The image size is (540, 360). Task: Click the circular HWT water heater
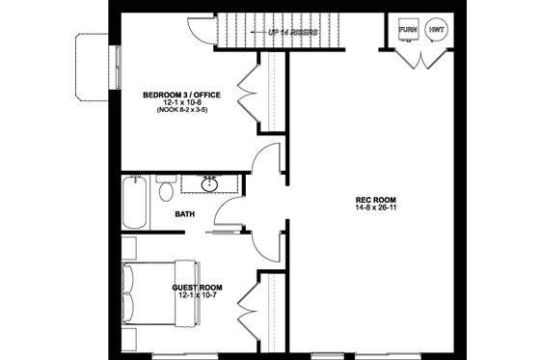(x=436, y=29)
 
